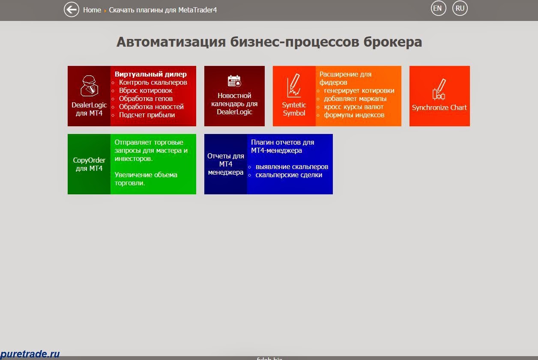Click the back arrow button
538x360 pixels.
tap(72, 9)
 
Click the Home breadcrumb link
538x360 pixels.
tap(92, 10)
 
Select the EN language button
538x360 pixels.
tap(438, 9)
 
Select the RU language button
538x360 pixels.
tap(460, 9)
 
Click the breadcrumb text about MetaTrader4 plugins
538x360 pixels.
tap(163, 10)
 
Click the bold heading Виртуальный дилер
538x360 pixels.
tap(150, 74)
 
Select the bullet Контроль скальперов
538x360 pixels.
tap(153, 82)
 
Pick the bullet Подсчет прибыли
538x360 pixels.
tap(146, 115)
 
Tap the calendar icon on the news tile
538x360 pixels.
tap(234, 81)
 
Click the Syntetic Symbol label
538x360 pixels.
tap(294, 109)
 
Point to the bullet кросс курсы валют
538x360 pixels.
tap(353, 107)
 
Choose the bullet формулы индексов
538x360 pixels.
tap(354, 115)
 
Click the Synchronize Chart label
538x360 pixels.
tap(439, 107)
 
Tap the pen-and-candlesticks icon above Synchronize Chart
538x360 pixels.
tap(439, 89)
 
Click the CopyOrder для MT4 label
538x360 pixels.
tap(89, 164)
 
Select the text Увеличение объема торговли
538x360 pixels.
tap(145, 179)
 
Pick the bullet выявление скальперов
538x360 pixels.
tap(292, 167)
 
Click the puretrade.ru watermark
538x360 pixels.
tap(30, 354)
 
